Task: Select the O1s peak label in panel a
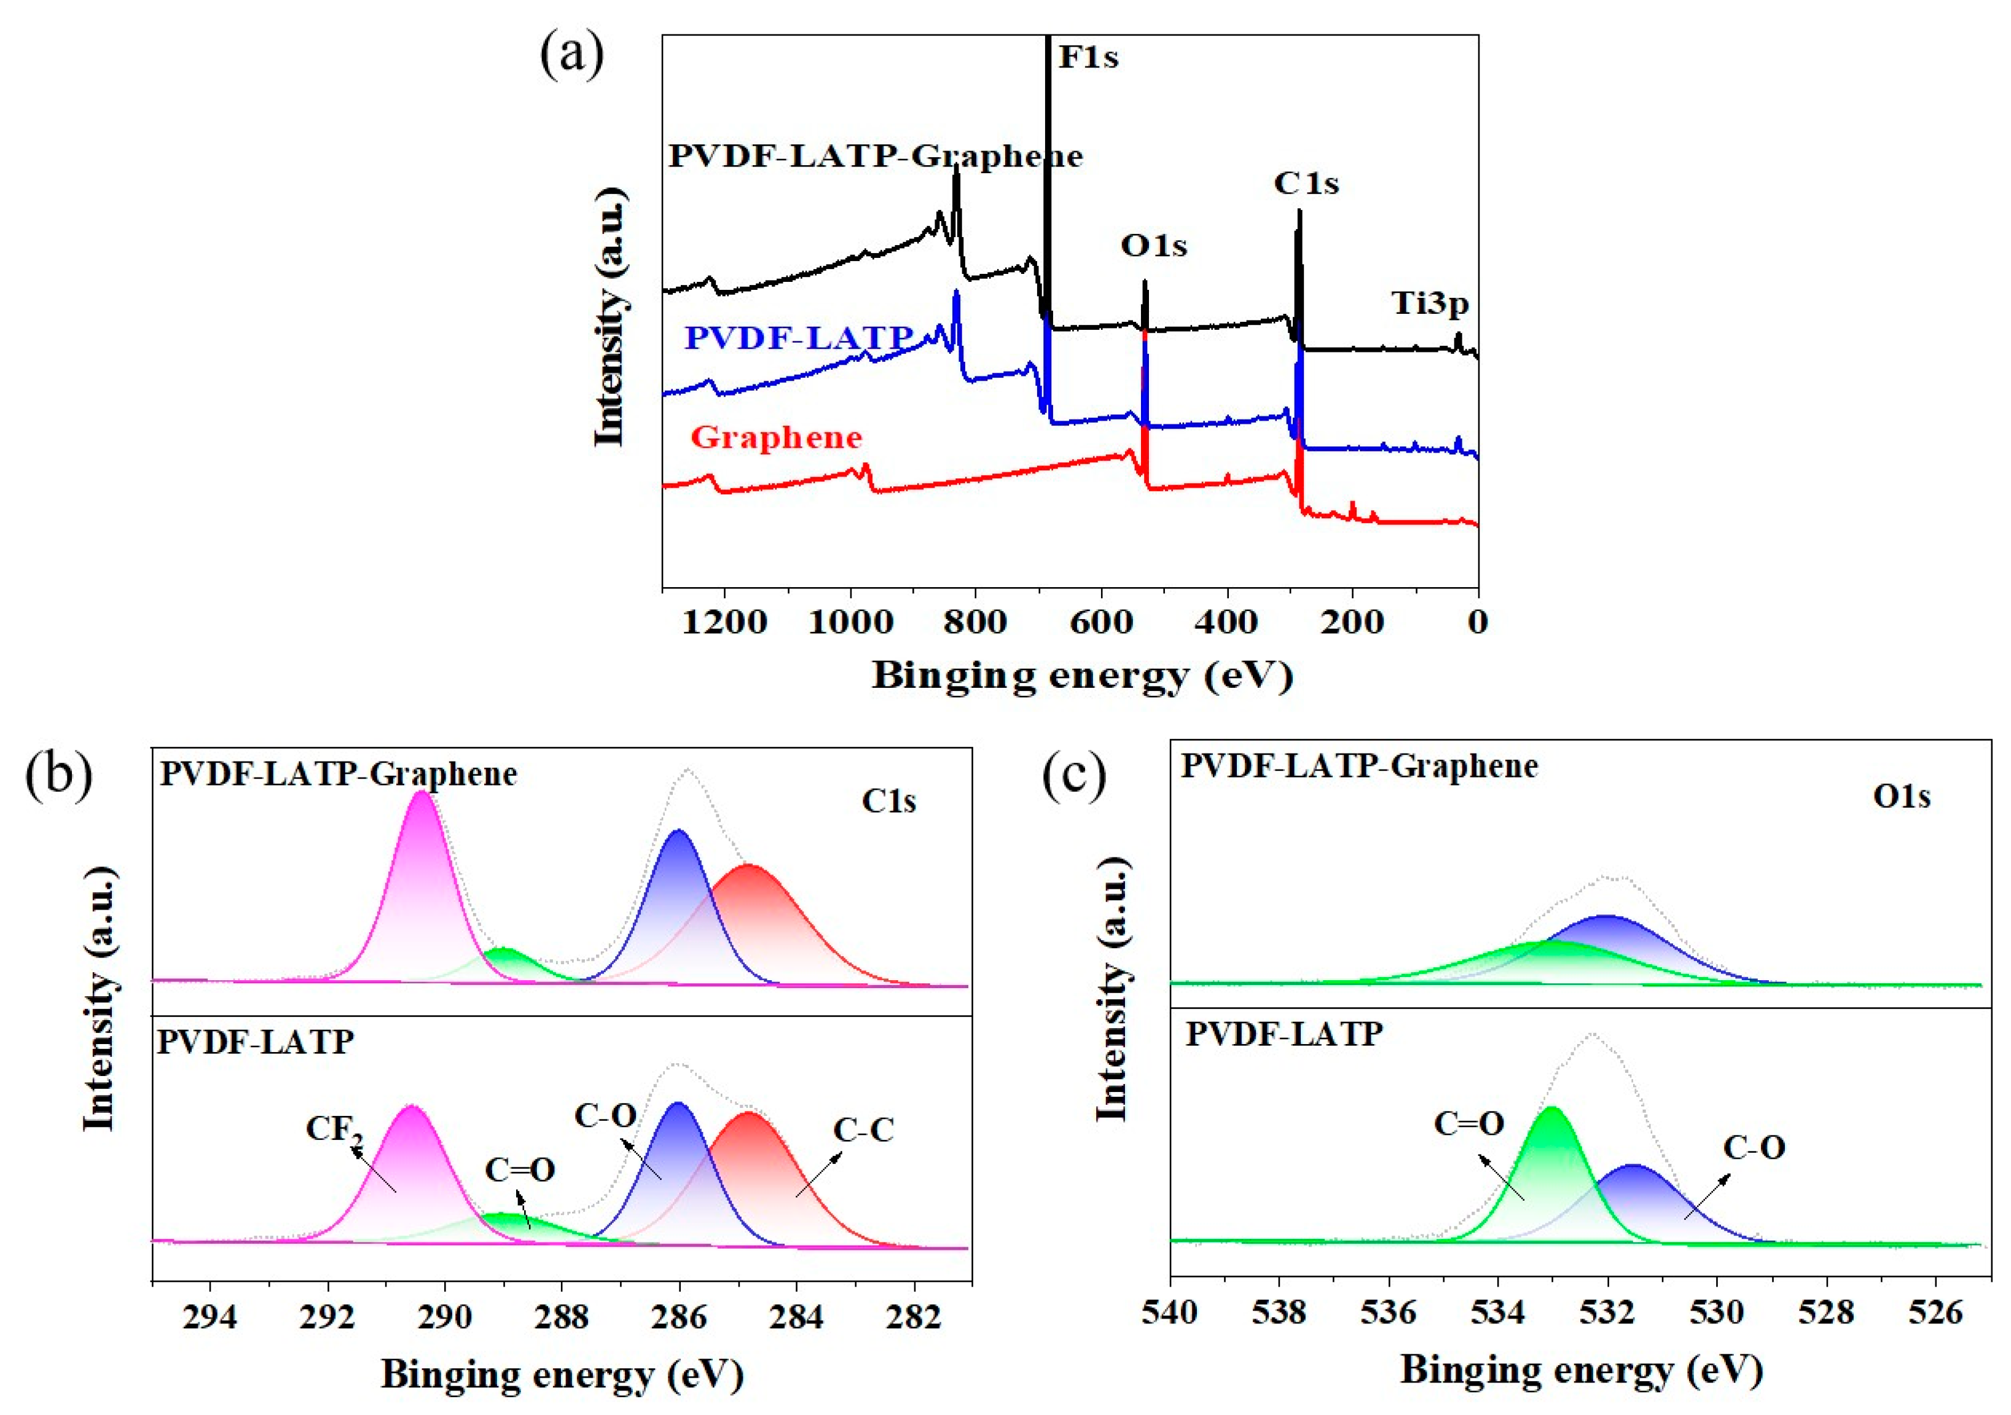click(1153, 246)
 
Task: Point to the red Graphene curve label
click(776, 437)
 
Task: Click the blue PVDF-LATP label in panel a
click(798, 337)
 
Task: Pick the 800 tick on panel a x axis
click(976, 623)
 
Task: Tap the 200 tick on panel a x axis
click(1352, 623)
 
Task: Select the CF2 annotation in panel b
click(334, 1129)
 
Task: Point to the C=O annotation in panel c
click(1469, 1123)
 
